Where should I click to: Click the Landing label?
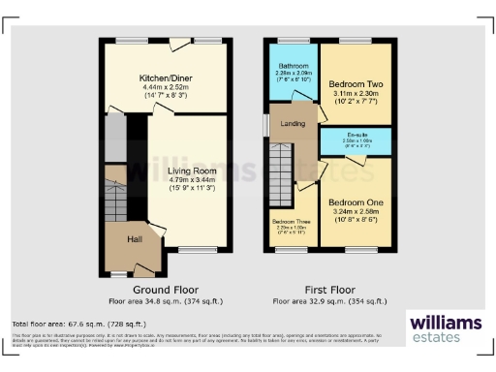click(x=294, y=123)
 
